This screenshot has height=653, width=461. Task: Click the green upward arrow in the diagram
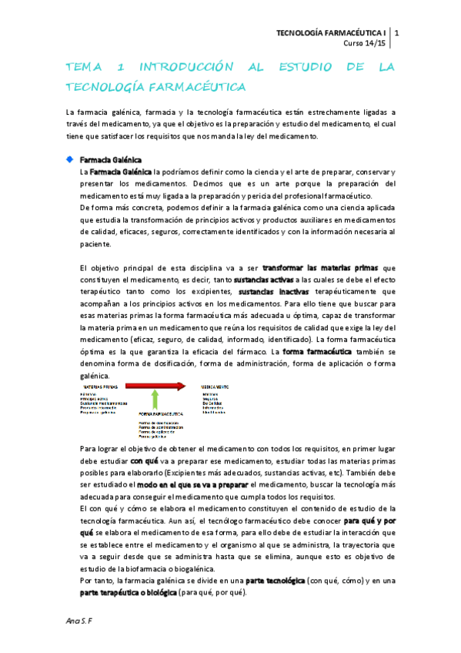pos(156,400)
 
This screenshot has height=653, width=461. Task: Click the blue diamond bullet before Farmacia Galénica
pos(70,159)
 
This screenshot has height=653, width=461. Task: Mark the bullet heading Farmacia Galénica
pos(105,159)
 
